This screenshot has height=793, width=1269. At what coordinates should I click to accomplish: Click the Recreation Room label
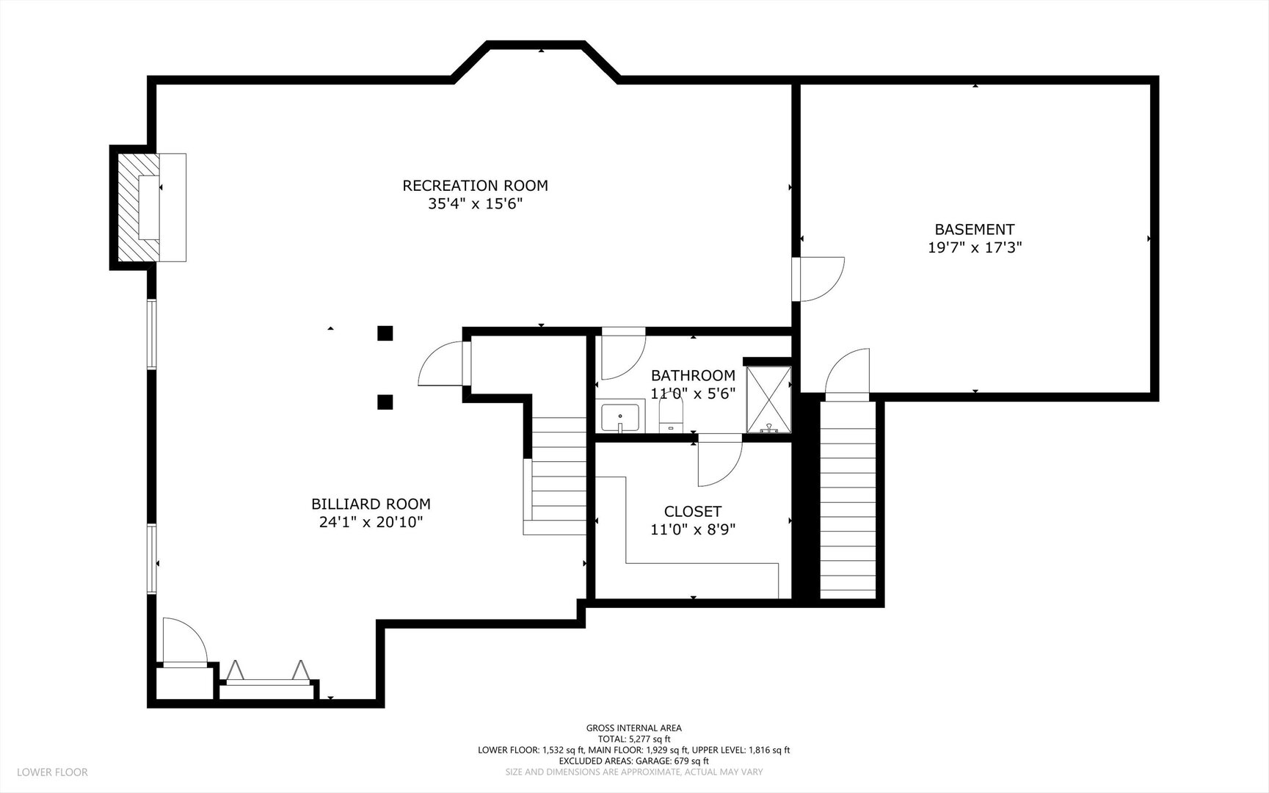475,186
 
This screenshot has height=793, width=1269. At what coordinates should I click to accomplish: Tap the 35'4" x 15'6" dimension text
475,203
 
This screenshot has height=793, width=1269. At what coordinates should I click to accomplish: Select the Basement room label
975,230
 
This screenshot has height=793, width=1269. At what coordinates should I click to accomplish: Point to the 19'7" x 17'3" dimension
975,247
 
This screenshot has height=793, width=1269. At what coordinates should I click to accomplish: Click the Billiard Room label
371,504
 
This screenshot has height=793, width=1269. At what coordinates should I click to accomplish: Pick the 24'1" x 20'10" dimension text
371,522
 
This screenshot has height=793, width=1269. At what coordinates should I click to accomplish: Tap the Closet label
693,512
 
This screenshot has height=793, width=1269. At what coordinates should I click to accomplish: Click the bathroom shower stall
768,399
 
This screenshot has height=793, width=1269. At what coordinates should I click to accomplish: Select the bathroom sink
620,418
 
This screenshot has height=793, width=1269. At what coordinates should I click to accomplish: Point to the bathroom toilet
671,416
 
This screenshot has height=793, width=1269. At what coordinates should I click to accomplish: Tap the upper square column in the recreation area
385,333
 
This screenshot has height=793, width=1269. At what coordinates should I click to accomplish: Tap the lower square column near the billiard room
385,402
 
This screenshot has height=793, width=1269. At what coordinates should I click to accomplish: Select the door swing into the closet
720,460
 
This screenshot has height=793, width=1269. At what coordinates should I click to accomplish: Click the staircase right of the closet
848,499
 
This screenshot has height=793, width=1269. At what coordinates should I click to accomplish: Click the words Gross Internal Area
633,728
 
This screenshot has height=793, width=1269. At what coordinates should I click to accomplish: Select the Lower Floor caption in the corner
52,772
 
